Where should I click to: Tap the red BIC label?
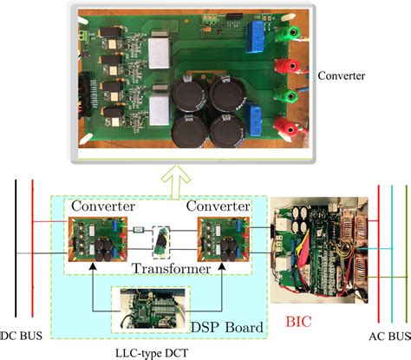point(298,321)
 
